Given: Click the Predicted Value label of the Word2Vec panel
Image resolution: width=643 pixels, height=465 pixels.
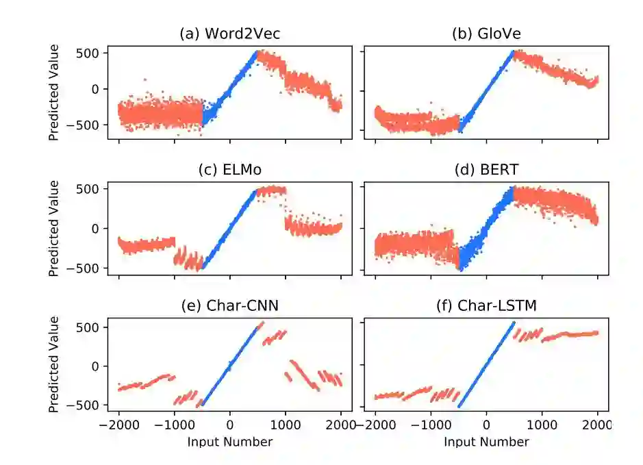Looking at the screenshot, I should pyautogui.click(x=54, y=92).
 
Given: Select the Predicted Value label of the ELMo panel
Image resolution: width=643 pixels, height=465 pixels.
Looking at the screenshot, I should pyautogui.click(x=54, y=228).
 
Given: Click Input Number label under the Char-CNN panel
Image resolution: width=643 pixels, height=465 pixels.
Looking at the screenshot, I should pyautogui.click(x=229, y=442).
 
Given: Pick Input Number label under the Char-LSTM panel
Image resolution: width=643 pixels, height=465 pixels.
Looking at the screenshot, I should pyautogui.click(x=486, y=442).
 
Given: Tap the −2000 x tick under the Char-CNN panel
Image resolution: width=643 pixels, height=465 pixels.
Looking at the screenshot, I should pyautogui.click(x=118, y=424).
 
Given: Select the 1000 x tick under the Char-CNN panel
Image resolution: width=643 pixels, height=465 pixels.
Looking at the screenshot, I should pyautogui.click(x=286, y=424).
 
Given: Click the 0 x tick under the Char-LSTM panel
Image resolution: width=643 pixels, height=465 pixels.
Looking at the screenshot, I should pyautogui.click(x=486, y=424).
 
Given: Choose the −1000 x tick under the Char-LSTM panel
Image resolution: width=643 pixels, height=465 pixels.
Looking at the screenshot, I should pyautogui.click(x=430, y=424).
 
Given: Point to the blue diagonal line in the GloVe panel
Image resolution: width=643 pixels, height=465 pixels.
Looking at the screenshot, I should pyautogui.click(x=486, y=90).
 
